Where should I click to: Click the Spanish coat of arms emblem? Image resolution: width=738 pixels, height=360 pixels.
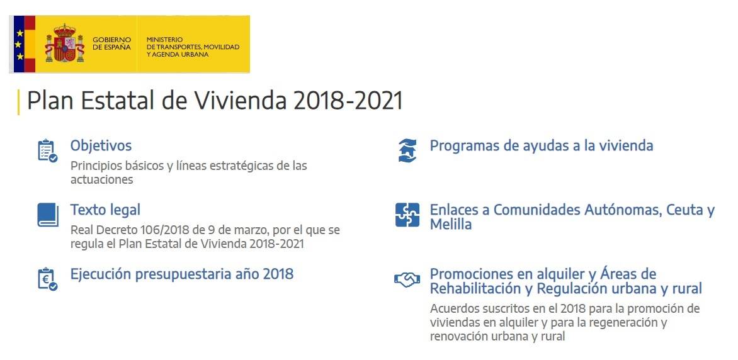(64, 43)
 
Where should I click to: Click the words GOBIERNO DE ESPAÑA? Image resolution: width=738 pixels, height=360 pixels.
(111, 44)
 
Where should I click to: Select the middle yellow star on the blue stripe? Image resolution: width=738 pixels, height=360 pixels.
(19, 44)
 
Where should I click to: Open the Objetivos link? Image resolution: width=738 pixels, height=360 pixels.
(101, 146)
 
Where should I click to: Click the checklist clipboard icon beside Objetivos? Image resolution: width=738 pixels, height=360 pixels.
(47, 150)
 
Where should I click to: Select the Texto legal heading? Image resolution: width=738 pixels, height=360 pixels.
(105, 210)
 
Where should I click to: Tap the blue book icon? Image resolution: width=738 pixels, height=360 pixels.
(47, 215)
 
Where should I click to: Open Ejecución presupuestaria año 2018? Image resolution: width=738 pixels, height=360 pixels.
(182, 274)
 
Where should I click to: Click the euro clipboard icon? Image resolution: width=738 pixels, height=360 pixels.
(47, 279)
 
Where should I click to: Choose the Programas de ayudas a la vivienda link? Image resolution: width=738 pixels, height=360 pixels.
(542, 146)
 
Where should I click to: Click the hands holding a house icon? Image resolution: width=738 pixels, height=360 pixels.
(407, 150)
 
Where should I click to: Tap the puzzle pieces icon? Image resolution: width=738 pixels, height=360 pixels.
(407, 215)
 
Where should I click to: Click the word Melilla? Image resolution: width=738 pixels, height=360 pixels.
(450, 225)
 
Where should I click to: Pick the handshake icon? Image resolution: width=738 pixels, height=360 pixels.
(407, 280)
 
